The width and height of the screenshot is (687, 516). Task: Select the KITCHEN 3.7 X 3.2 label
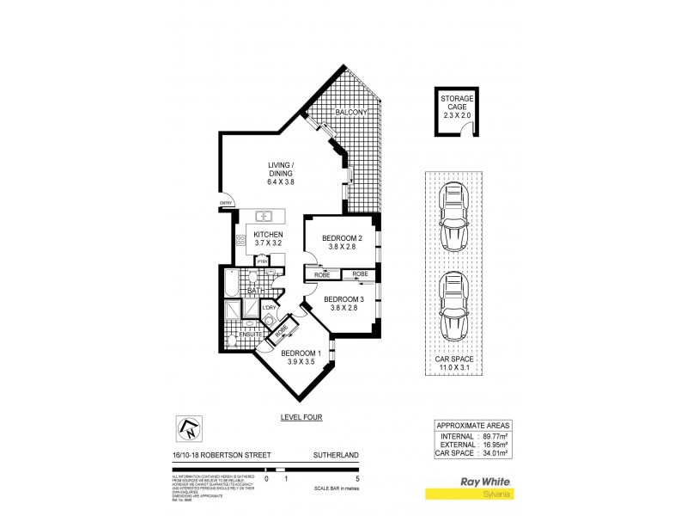click(268, 238)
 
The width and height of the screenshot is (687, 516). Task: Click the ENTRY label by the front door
click(226, 203)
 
